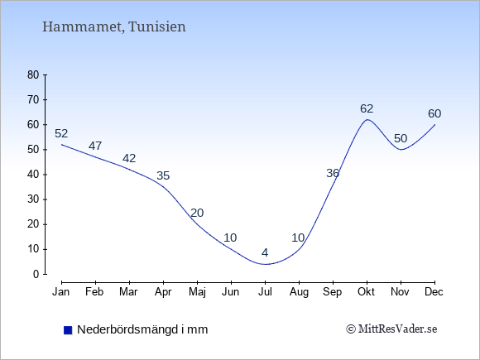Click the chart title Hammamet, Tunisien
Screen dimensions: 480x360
click(x=114, y=27)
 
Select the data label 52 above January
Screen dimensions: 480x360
click(x=61, y=133)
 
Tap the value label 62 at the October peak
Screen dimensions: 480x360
click(x=367, y=108)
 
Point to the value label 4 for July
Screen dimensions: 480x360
click(x=265, y=253)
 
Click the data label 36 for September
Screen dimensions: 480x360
click(x=333, y=174)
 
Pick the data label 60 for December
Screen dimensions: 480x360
click(x=434, y=114)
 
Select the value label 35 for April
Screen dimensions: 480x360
click(x=163, y=176)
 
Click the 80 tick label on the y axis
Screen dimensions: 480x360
click(x=33, y=74)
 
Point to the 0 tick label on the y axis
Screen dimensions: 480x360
click(x=36, y=274)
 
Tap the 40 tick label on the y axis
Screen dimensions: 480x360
click(x=33, y=175)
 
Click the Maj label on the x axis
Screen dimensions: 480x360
click(x=197, y=292)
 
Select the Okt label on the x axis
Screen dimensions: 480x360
click(x=366, y=292)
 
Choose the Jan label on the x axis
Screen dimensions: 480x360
click(x=61, y=292)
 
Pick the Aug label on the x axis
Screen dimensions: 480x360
click(x=299, y=292)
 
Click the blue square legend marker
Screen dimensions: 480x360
click(x=68, y=330)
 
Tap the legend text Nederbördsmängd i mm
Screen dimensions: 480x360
click(x=142, y=329)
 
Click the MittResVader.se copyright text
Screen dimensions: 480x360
click(x=391, y=329)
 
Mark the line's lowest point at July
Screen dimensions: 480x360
click(x=265, y=264)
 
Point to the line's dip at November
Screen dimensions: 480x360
click(x=401, y=150)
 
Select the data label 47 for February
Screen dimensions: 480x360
click(x=95, y=146)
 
